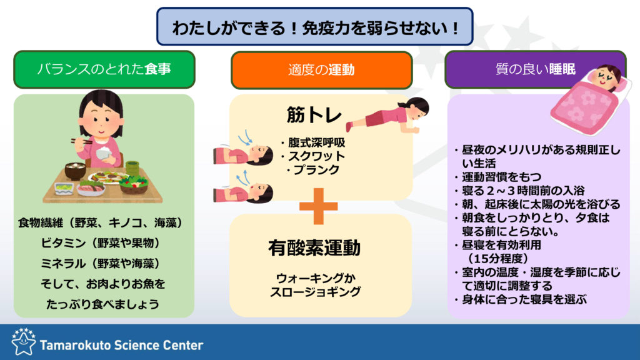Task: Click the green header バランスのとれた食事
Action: pos(104,69)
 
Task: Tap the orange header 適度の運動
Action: pos(322,70)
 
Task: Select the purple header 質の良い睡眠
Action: pos(535,69)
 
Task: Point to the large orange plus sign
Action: pos(318,206)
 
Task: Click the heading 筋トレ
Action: pos(314,115)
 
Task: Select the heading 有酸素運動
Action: pos(314,247)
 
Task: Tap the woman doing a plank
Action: pos(387,116)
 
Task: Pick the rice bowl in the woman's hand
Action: pos(104,154)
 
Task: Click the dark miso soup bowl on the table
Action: pos(76,171)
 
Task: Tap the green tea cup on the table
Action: pos(132,167)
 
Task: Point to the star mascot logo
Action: pos(23,342)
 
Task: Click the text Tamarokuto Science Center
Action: pos(122,345)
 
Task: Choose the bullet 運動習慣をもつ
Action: pos(498,177)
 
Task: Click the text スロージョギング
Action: pos(315,291)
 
